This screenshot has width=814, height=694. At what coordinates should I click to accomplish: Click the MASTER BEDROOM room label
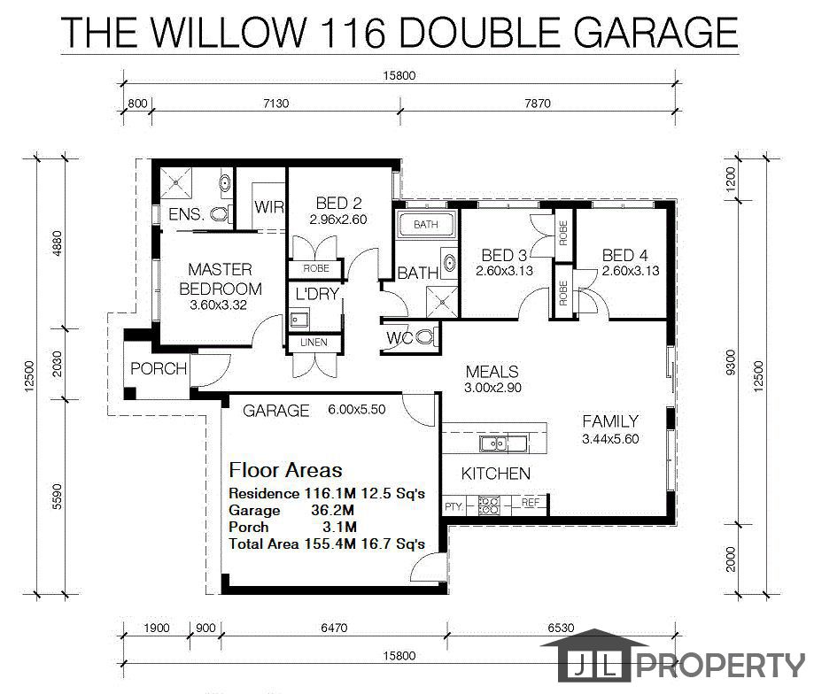[x=221, y=279]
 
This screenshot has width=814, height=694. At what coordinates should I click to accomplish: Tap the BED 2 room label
[x=338, y=203]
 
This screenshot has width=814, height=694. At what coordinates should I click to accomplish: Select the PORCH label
[x=159, y=369]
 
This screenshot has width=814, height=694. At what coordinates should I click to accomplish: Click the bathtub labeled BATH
[x=426, y=225]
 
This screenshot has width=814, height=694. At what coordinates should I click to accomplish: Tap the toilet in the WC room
[x=425, y=337]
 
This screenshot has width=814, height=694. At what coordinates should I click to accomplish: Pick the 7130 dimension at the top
[x=275, y=104]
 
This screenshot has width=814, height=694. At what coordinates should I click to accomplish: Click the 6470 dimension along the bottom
[x=334, y=628]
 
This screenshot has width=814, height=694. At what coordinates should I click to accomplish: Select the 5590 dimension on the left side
[x=57, y=497]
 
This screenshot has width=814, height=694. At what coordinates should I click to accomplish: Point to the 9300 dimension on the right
[x=731, y=362]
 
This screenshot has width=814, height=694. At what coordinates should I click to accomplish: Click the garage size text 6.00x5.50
[x=357, y=409]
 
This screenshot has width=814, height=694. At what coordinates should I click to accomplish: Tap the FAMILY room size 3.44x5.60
[x=610, y=439]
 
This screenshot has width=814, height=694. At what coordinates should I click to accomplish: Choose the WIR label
[x=269, y=207]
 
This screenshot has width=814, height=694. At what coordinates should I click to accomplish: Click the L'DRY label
[x=317, y=294]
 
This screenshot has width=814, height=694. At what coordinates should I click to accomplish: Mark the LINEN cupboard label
[x=314, y=343]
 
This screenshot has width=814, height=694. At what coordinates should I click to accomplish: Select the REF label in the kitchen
[x=530, y=502]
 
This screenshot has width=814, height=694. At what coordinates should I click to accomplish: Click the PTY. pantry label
[x=454, y=506]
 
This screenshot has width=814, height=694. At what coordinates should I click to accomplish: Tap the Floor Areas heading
[x=285, y=470]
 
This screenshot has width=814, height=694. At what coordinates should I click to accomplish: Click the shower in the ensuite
[x=176, y=182]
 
